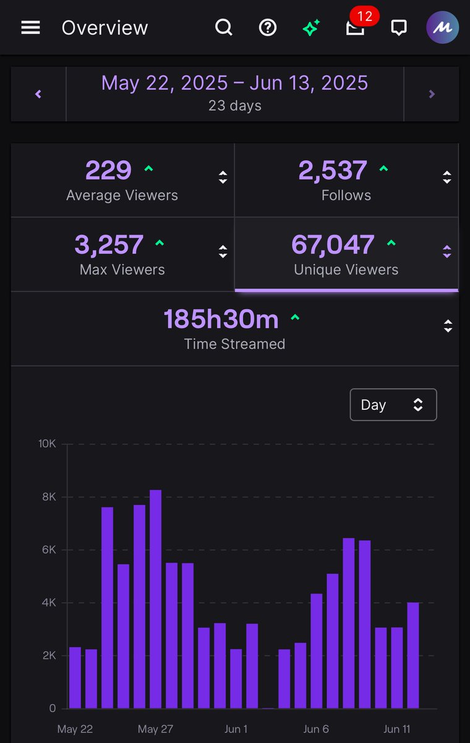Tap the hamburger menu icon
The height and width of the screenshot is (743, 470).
[30, 28]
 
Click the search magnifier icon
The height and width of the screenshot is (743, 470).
[223, 28]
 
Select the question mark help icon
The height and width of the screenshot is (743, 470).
[267, 28]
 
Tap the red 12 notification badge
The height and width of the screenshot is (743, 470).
[364, 17]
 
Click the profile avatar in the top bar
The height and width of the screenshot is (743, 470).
[442, 28]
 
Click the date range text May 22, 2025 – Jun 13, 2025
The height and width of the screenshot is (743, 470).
[234, 83]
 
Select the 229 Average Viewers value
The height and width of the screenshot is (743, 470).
[109, 171]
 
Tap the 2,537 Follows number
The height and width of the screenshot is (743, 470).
[333, 171]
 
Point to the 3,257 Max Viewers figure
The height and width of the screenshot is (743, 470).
[109, 245]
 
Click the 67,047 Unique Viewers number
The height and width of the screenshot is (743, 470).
[333, 245]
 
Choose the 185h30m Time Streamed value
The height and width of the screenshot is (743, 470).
[221, 319]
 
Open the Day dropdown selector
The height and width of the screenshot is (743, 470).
[393, 405]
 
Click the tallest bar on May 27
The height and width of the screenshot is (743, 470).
[155, 599]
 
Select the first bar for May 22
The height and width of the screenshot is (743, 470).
[75, 677]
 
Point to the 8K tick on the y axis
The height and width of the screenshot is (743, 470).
[48, 497]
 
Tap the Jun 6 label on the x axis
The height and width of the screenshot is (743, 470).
[316, 729]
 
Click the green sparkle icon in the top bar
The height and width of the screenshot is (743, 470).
[311, 28]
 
